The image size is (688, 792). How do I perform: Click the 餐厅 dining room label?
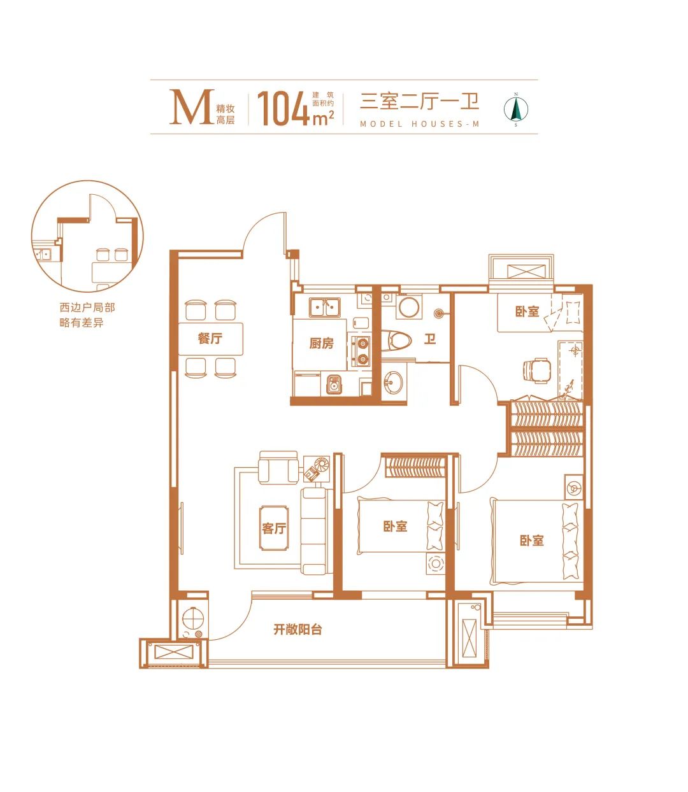point(210,339)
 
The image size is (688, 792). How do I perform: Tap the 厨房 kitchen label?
point(321,343)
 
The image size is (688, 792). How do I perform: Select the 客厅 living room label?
point(274,528)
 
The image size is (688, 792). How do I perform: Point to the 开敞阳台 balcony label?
point(297,630)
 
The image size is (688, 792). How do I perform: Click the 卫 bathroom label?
point(430,339)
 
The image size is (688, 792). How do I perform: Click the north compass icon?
point(516,109)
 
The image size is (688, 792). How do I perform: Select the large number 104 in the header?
point(283,109)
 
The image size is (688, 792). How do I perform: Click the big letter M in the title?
point(192,107)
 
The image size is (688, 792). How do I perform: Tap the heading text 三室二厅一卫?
point(420,101)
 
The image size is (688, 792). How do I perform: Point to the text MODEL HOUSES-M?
point(420,124)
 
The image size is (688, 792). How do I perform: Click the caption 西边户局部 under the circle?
point(87,308)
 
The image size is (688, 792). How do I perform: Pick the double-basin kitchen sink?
point(324,308)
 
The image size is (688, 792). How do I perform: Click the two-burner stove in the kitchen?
point(362,351)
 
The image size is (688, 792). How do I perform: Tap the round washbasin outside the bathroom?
point(393,383)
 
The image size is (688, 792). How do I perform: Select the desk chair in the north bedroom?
point(536,370)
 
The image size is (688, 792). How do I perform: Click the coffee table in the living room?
point(274,527)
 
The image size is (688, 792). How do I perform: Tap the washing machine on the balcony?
point(192,619)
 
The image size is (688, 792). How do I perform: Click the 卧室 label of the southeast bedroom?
point(531,541)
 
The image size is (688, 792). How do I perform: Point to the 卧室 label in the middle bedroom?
point(396,527)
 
